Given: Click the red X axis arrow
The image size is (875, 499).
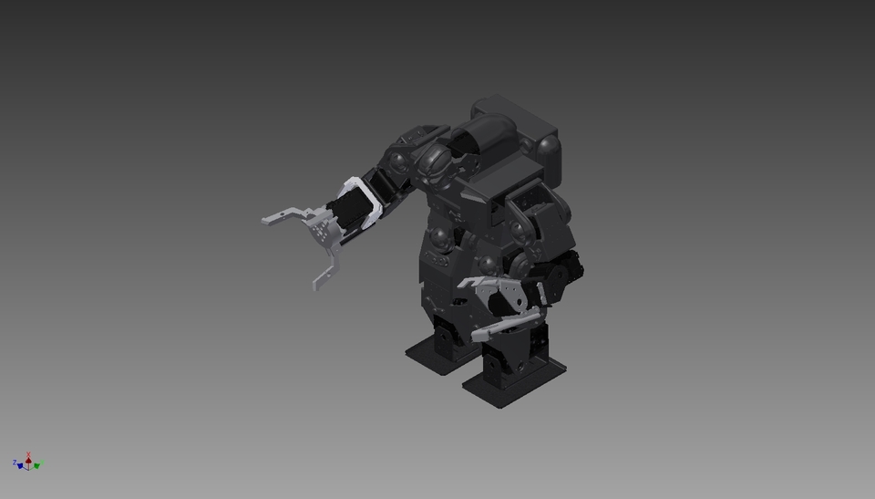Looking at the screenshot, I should pyautogui.click(x=29, y=459).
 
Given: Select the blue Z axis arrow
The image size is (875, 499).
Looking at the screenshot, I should pyautogui.click(x=19, y=465).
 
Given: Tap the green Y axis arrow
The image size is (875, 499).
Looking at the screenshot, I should pyautogui.click(x=37, y=465).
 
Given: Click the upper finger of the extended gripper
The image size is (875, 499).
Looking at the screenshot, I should pyautogui.click(x=283, y=216).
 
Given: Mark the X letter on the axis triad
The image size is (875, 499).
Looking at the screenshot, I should pyautogui.click(x=29, y=452).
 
